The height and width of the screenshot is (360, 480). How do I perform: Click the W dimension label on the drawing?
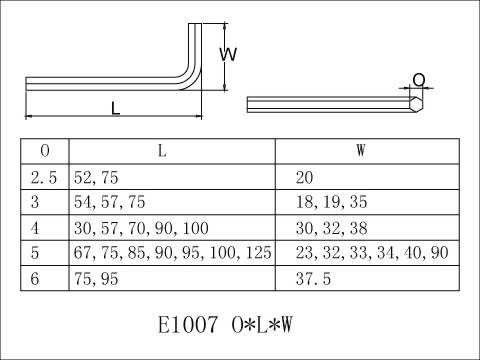228,54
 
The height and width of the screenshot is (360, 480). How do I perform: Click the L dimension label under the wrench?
115,108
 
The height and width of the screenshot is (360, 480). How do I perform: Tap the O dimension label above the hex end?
419,80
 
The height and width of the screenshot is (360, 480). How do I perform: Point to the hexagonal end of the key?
416,104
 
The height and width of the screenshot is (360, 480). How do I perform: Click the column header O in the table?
45,151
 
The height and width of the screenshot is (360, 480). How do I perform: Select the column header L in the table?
162,151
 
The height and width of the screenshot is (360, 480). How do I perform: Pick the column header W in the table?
361,151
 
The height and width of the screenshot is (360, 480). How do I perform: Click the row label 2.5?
44,178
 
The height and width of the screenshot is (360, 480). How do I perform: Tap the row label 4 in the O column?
35,228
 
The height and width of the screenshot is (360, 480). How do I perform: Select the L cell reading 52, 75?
96,178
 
